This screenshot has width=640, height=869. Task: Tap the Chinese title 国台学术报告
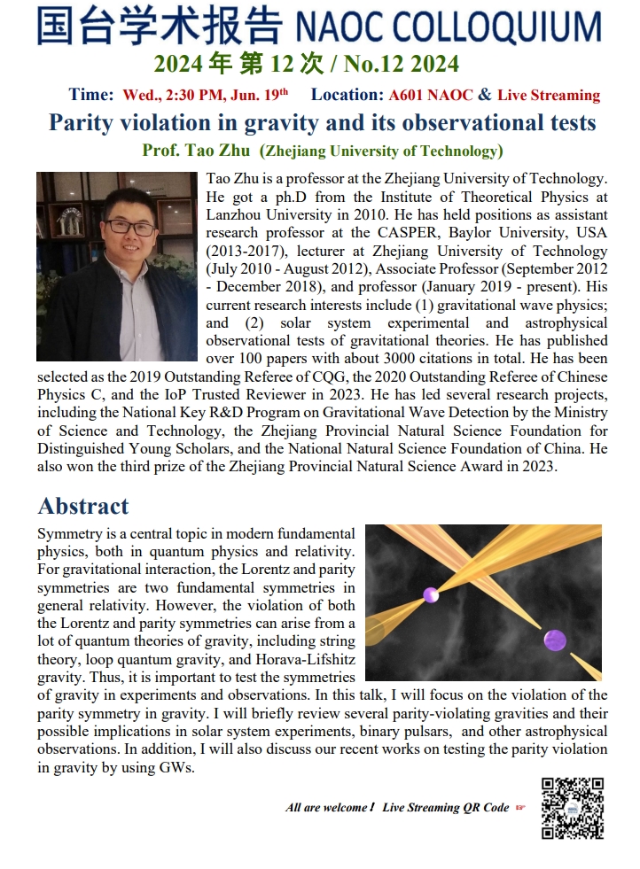[160, 27]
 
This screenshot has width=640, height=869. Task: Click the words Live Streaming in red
[549, 95]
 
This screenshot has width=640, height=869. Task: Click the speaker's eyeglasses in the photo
[130, 228]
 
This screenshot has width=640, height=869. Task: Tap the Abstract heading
[83, 506]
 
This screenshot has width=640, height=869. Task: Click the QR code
[573, 808]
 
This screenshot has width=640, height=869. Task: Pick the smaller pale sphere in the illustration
[431, 594]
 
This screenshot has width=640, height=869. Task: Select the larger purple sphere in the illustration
[555, 640]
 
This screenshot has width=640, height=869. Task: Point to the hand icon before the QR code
[521, 807]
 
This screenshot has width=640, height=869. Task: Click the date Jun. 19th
[260, 95]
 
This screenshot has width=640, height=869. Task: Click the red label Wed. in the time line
[138, 95]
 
